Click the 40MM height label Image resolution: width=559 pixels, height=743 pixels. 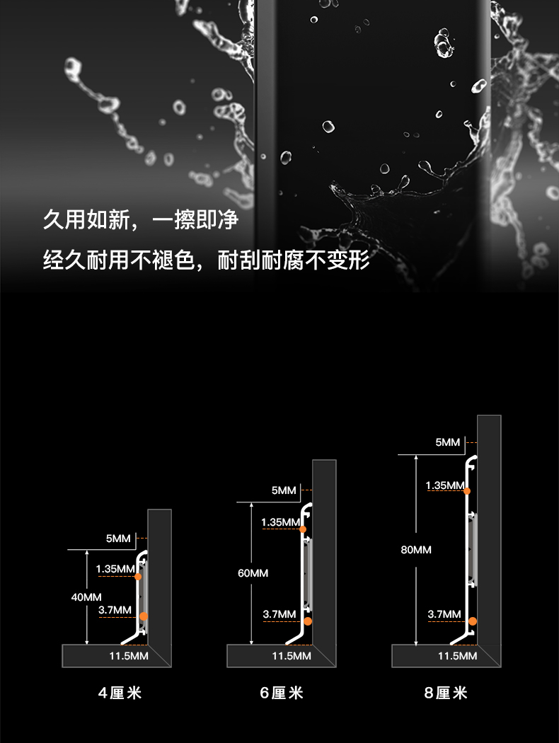click(x=86, y=597)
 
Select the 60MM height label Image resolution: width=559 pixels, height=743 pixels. click(x=253, y=572)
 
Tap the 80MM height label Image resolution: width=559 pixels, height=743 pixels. click(x=416, y=550)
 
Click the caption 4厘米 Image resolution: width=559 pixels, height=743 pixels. click(x=120, y=693)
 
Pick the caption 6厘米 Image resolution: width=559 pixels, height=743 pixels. click(x=282, y=693)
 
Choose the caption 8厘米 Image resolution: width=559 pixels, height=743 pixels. click(x=446, y=693)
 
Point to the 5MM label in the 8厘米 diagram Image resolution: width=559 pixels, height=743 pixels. click(x=447, y=442)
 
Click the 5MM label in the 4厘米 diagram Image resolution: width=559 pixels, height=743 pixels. click(x=118, y=538)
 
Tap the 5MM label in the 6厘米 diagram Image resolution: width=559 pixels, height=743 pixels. click(x=284, y=490)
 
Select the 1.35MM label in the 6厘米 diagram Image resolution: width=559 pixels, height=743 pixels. click(x=281, y=522)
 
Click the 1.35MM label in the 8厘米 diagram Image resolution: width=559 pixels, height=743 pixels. click(x=445, y=485)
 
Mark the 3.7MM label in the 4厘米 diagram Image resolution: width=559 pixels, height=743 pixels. click(x=115, y=610)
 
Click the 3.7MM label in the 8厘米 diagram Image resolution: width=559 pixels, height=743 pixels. click(x=444, y=614)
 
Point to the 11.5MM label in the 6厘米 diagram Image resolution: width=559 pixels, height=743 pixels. click(x=292, y=656)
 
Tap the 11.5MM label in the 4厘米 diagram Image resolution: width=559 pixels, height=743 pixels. click(x=128, y=656)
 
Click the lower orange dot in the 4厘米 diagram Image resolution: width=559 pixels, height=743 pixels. click(x=144, y=616)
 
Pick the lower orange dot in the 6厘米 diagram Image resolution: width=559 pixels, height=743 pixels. click(x=308, y=621)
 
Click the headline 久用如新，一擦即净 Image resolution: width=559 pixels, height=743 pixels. click(x=141, y=220)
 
